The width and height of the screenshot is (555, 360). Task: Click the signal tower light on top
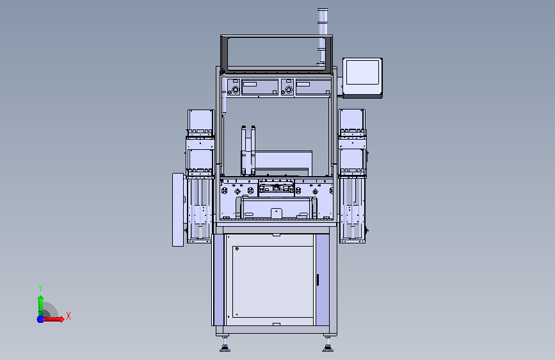point(322,35)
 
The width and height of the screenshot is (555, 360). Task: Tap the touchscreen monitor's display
point(362,72)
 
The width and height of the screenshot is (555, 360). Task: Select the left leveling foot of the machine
point(225,345)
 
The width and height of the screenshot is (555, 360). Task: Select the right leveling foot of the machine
point(327,345)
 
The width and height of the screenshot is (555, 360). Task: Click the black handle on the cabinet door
point(318,279)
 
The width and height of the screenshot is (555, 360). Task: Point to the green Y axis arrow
point(41,305)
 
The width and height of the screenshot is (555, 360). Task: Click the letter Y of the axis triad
point(40,288)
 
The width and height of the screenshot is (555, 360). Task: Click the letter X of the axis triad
point(68,316)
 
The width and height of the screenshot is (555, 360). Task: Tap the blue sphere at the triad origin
point(40,319)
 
